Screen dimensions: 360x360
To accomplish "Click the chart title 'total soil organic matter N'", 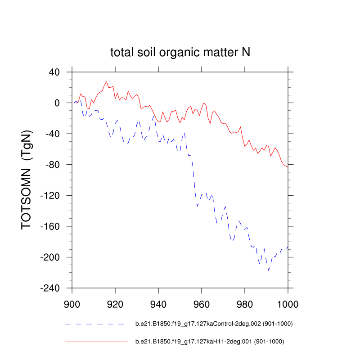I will point(180,53).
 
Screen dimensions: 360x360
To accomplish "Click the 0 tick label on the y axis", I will point(57,103).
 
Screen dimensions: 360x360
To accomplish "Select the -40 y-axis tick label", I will point(54,134).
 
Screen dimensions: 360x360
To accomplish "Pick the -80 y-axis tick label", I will point(54,165).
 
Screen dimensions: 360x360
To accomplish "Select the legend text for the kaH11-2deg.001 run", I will point(210,342).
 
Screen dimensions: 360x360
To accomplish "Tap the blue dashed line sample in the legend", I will point(94,324).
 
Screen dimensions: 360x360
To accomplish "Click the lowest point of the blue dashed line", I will point(269,270).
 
